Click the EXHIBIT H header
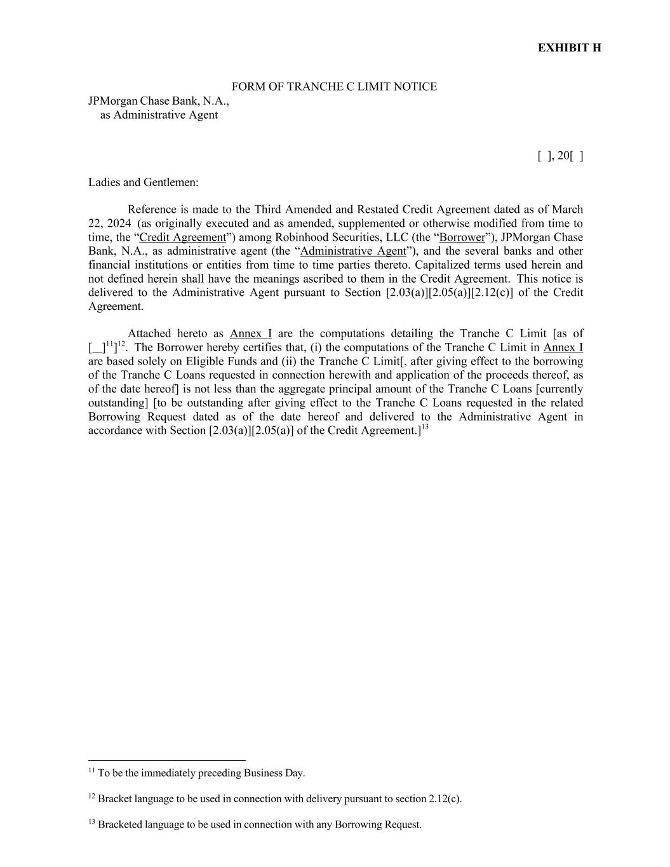tap(569, 48)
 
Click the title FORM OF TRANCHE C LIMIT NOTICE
tap(334, 86)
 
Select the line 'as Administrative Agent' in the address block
tap(159, 115)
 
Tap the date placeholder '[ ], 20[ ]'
tap(560, 156)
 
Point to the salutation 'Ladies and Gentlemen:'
tap(144, 183)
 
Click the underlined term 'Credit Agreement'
tap(182, 238)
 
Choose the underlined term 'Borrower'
tap(462, 238)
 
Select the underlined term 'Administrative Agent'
tap(352, 251)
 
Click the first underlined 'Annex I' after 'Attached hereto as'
tap(251, 334)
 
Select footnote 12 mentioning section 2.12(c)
tap(275, 798)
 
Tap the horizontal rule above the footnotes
tap(167, 760)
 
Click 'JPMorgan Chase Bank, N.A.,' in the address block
tap(159, 101)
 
